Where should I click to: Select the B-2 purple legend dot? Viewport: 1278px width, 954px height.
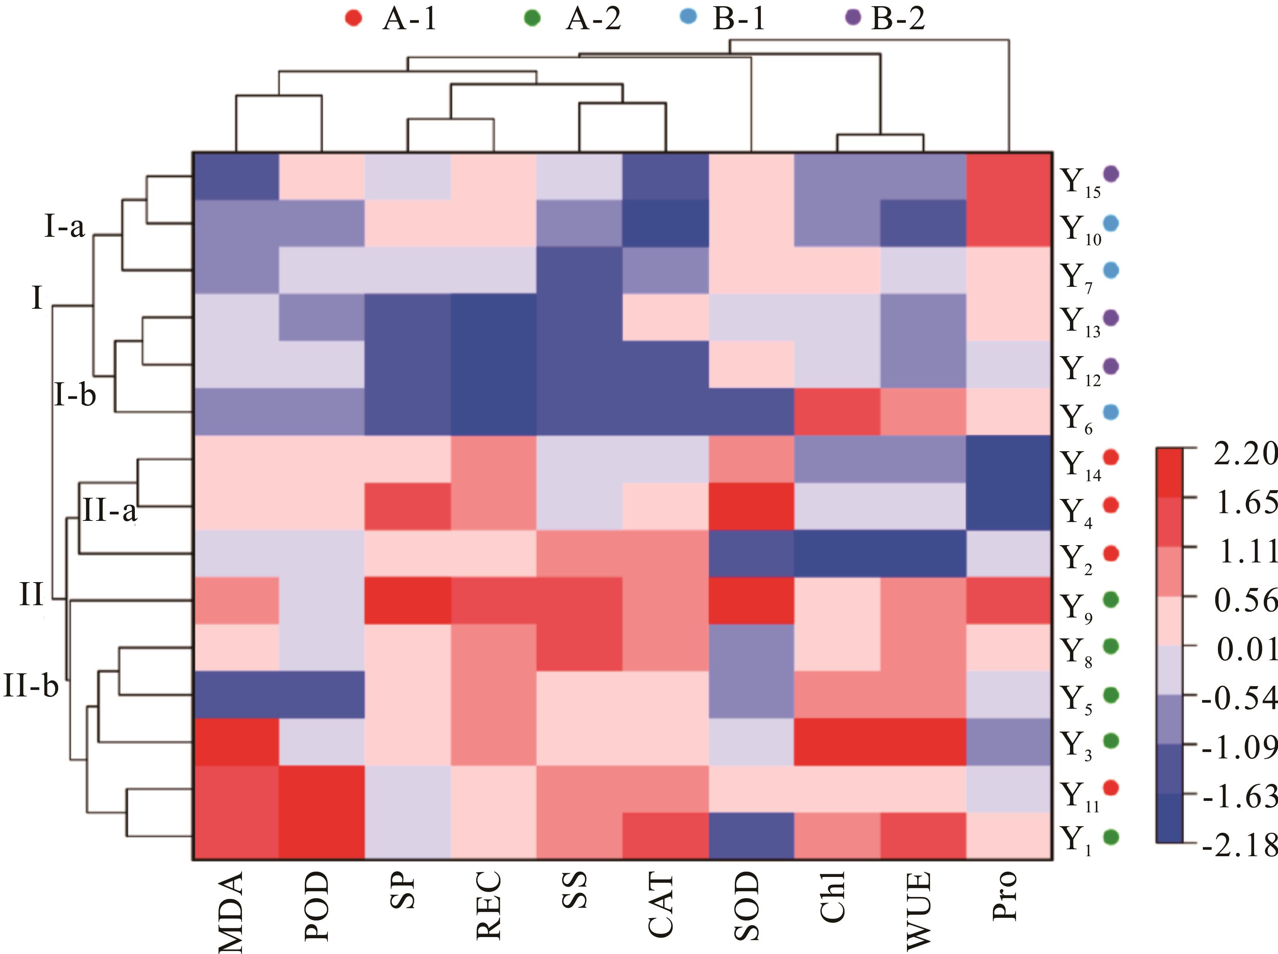pos(853,18)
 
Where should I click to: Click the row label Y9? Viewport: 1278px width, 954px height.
pos(1076,607)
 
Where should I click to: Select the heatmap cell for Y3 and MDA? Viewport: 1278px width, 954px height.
pos(236,742)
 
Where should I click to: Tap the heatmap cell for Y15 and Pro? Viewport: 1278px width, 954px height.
pos(1009,176)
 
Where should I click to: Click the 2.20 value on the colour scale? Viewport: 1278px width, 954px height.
pos(1242,454)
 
